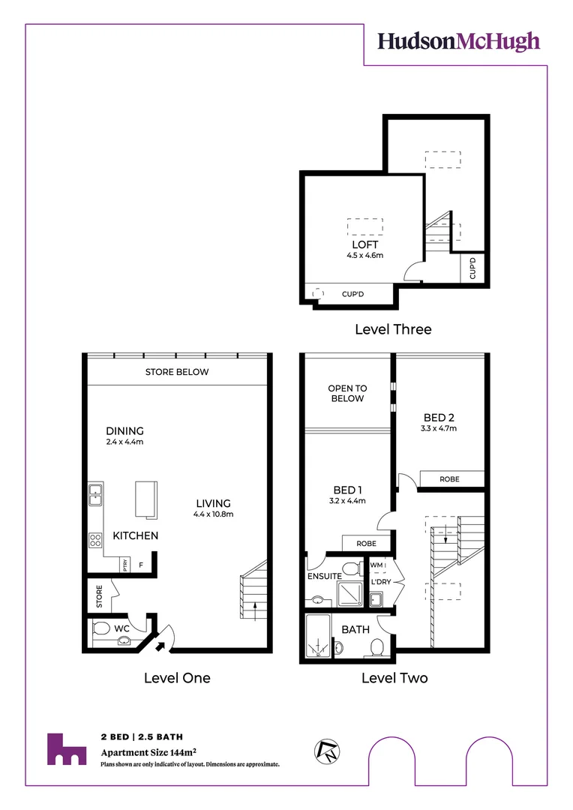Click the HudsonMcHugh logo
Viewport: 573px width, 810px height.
(458, 41)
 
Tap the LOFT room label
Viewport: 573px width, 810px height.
(365, 244)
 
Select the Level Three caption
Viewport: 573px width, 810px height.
(393, 328)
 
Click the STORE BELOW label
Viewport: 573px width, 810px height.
(177, 372)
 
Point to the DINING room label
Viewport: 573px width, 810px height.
(124, 431)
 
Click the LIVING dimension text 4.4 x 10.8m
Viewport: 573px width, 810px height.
(214, 514)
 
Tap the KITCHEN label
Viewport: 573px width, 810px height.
(136, 535)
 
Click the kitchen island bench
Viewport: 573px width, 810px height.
(146, 499)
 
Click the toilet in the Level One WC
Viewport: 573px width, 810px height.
(102, 628)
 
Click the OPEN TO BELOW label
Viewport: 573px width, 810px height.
(347, 394)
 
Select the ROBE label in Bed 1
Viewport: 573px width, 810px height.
(366, 543)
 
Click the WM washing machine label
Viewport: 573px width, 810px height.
(377, 565)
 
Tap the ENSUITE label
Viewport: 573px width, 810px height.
(325, 576)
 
